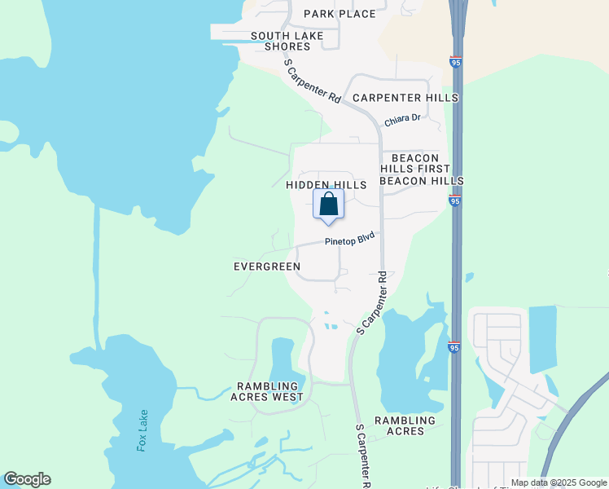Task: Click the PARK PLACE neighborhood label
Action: coord(340,14)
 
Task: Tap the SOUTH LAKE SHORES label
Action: coord(287,41)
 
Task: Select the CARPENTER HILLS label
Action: coord(405,98)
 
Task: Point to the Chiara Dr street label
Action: coord(402,119)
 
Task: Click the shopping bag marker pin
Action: coord(328,205)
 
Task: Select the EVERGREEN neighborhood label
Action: coord(267,267)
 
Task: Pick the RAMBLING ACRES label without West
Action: coord(405,425)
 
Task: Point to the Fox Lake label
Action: coord(143,430)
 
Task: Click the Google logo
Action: coord(27,479)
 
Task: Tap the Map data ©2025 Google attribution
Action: coord(559,483)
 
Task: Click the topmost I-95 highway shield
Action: coord(455,62)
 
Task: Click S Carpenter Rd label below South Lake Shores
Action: coord(312,80)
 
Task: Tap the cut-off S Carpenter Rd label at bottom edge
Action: coord(364,456)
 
